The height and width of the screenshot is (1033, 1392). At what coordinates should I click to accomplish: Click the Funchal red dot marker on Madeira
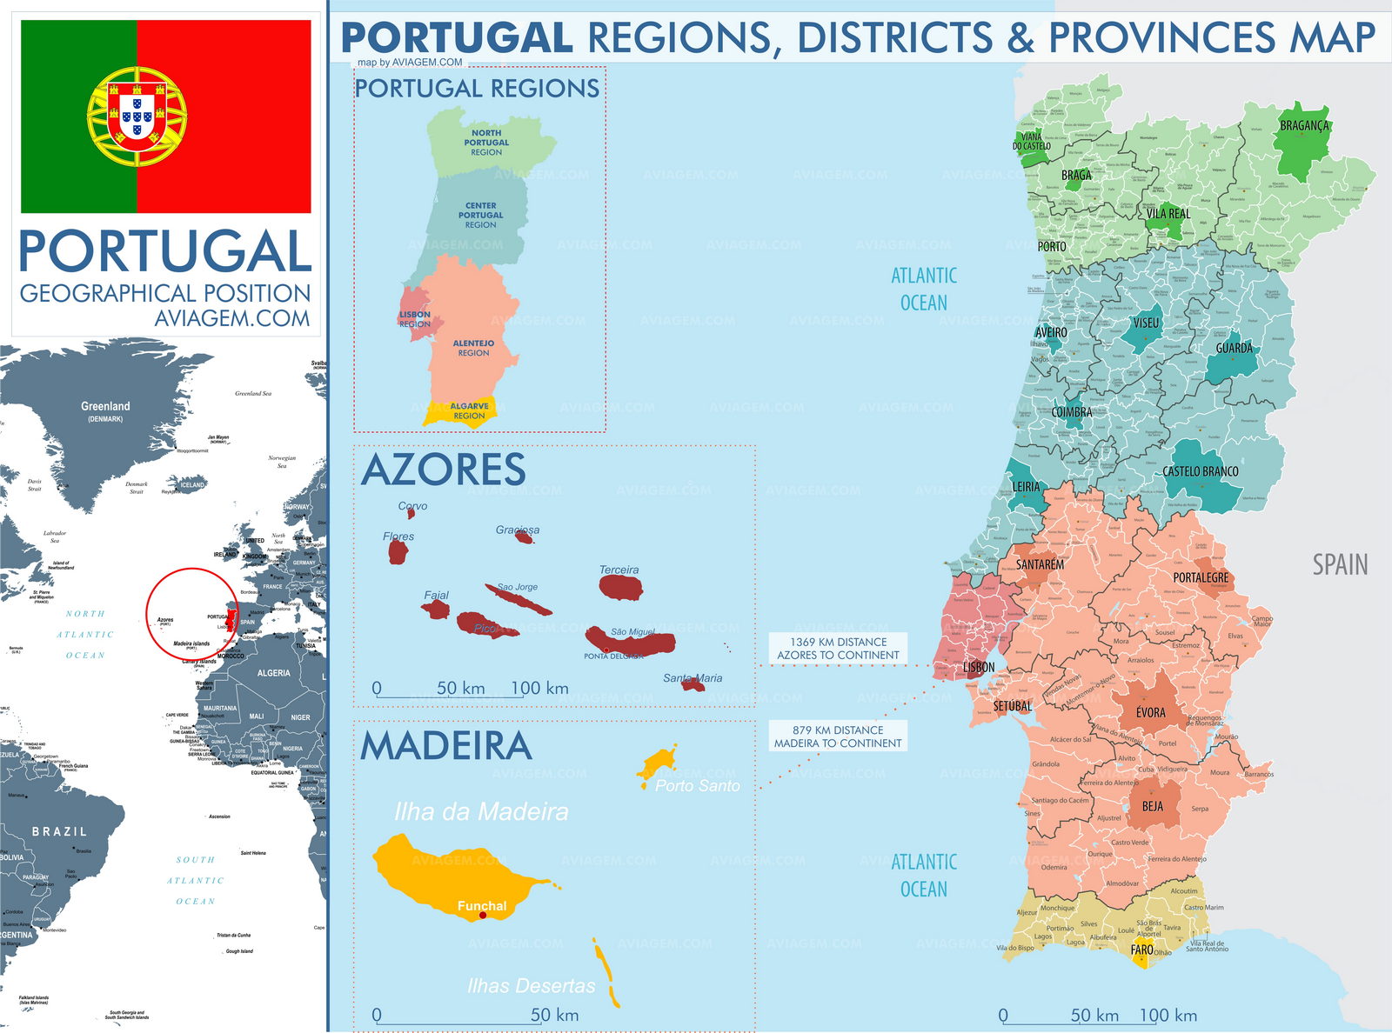coord(483,915)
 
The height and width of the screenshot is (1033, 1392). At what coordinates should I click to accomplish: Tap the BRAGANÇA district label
coord(1304,126)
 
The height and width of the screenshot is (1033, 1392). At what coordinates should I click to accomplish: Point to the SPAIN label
coord(1340,565)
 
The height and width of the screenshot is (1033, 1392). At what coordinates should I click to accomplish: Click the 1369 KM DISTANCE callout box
coord(838,649)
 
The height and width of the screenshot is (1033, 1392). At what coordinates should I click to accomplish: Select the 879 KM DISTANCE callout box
coord(838,736)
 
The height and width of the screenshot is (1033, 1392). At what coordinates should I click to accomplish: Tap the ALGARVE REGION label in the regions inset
coord(469,410)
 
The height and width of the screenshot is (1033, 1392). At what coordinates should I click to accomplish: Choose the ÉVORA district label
coord(1150,712)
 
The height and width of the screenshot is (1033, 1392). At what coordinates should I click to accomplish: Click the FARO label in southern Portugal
coord(1141,950)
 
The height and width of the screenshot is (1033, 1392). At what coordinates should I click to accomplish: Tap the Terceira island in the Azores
coord(620,588)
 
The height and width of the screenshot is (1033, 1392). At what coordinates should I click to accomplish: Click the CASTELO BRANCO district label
coord(1200,471)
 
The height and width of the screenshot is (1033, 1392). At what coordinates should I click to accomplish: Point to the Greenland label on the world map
coord(105,406)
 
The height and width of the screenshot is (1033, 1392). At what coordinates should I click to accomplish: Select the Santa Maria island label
coord(693,678)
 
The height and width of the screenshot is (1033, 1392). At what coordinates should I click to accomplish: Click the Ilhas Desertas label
coord(531,986)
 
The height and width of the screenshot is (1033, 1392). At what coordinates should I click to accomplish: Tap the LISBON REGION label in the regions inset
coord(415,319)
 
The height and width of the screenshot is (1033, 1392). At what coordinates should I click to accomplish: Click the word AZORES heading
coord(443,470)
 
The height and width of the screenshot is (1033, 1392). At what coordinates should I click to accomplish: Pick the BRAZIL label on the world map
coord(59,831)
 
